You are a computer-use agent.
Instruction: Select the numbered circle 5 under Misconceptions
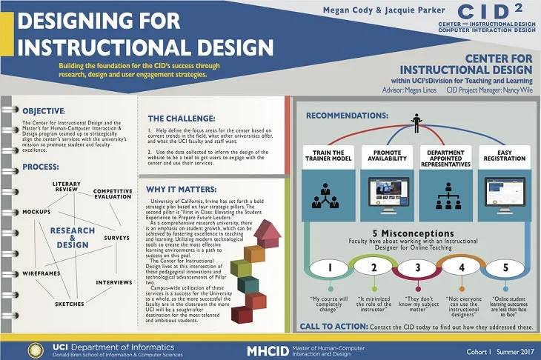pyautogui.click(x=506, y=268)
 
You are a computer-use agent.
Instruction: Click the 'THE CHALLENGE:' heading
pyautogui.click(x=181, y=118)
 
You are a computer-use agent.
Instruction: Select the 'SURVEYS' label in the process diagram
pyautogui.click(x=116, y=238)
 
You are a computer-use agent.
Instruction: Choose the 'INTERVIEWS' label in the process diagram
pyautogui.click(x=113, y=282)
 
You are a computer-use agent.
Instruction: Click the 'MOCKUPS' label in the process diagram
pyautogui.click(x=35, y=211)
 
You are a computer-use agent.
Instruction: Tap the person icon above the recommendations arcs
pyautogui.click(x=416, y=121)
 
